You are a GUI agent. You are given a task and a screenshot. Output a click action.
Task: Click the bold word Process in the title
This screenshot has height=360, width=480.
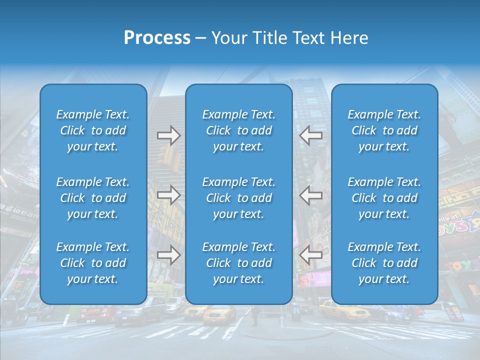pos(157,37)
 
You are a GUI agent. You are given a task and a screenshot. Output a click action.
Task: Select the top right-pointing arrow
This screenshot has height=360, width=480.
pos(168,135)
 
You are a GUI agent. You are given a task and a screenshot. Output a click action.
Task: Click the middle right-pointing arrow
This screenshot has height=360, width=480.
pos(168,195)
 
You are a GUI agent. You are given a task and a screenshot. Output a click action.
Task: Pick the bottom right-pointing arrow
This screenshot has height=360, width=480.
pos(168,255)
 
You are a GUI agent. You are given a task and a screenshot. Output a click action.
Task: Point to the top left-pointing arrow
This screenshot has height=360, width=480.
pos(311,135)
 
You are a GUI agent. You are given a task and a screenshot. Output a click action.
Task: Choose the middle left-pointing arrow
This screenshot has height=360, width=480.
pos(311,195)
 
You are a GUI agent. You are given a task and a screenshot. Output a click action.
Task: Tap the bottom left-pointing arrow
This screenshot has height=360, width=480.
pos(311,255)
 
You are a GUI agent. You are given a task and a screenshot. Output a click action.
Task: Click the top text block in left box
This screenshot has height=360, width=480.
pos(93,130)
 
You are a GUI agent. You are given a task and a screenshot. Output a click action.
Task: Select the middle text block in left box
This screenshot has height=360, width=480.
pos(93,198)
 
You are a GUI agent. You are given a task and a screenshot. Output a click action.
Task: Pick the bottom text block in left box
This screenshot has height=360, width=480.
pos(93,263)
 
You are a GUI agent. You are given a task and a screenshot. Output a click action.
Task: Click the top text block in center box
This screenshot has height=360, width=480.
pos(238,130)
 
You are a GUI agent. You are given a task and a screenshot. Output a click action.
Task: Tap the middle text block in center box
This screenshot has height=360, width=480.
pos(238,198)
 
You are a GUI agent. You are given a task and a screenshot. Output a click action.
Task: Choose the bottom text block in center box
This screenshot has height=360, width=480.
pos(238,263)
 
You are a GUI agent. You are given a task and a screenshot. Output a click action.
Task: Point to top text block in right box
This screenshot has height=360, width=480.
pos(384,130)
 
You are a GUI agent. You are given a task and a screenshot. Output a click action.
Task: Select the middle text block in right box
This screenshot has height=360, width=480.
pos(384,198)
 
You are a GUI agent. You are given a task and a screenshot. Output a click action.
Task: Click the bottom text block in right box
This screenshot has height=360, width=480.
pos(384,263)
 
